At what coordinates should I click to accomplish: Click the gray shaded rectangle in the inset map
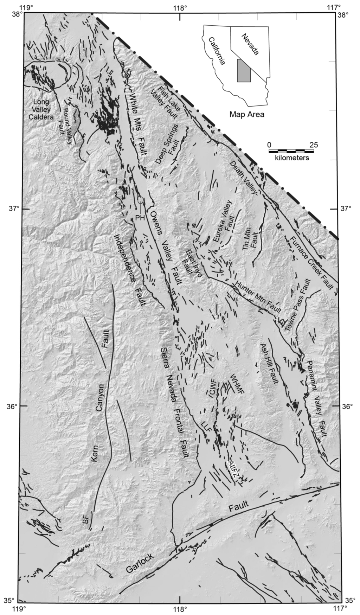point(243,70)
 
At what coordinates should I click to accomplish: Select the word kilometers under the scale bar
point(292,158)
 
